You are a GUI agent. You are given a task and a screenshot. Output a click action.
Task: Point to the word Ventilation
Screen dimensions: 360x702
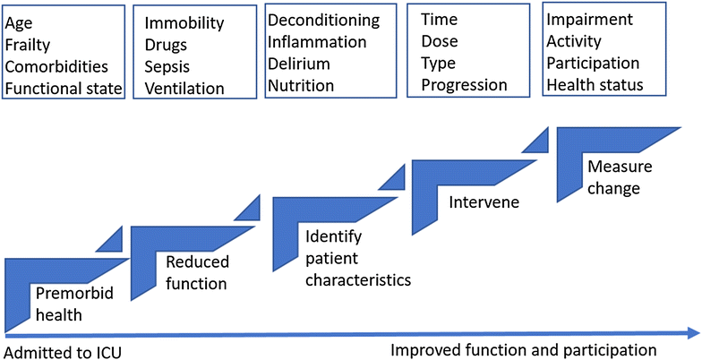[184, 88]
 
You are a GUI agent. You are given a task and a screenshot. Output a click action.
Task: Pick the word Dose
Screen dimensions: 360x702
[439, 41]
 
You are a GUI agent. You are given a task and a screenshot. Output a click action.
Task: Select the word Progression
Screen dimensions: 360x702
[464, 85]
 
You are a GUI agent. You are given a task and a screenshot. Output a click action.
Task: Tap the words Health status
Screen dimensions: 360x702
[602, 85]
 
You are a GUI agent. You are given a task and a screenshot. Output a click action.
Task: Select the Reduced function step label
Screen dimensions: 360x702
[197, 272]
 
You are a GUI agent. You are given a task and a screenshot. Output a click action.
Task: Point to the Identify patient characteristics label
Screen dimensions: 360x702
[357, 259]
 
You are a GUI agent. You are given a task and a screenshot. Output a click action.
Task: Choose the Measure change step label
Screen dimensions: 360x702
[613, 177]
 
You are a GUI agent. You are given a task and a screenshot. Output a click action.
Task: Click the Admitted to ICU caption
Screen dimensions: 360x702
[62, 350]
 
